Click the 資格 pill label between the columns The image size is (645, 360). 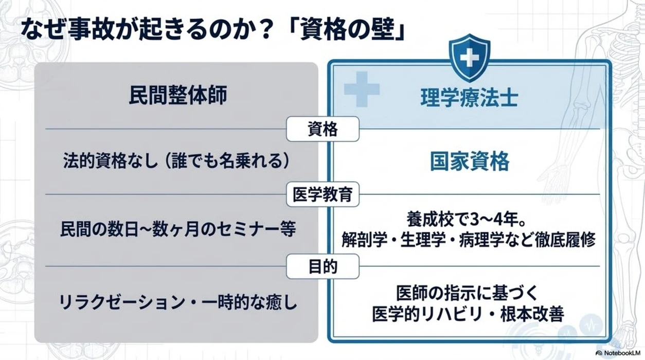322,129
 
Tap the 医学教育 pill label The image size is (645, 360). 322,194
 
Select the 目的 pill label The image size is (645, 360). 322,266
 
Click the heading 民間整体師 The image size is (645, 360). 178,95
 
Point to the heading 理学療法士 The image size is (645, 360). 470,98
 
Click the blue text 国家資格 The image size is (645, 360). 470,161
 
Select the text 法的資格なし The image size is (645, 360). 111,160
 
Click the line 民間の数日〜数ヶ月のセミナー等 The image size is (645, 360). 178,229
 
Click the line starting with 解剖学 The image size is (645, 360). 468,240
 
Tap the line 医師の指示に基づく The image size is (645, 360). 467,293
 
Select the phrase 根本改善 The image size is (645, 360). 532,314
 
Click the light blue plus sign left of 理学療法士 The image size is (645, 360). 362,89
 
